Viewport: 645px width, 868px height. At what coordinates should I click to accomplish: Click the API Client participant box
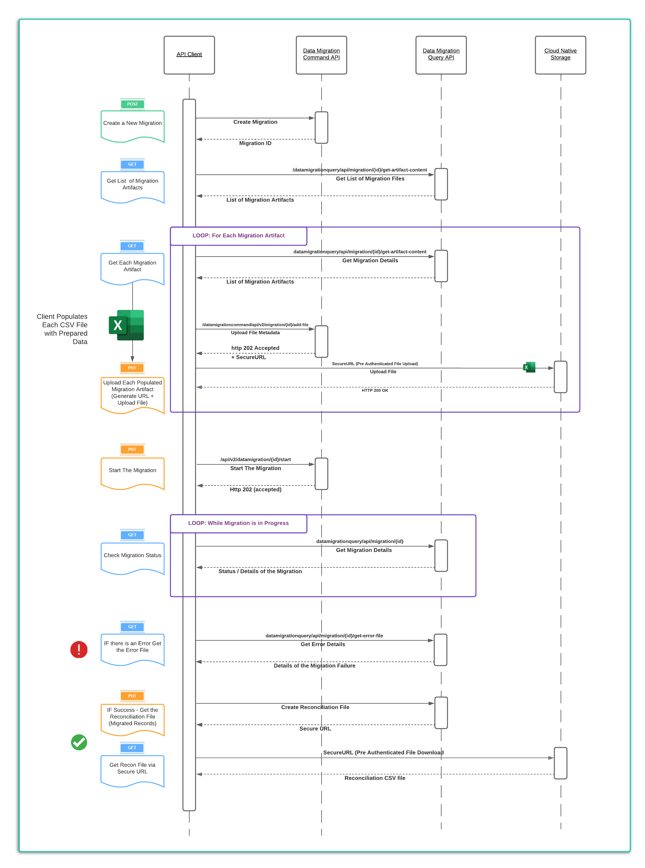(189, 55)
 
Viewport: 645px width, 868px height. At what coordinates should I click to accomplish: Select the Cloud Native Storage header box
(560, 55)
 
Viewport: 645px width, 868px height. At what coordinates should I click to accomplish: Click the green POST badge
(132, 104)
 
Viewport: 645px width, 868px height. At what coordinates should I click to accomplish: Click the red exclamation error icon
(79, 650)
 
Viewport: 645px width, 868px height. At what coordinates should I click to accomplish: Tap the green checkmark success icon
(79, 742)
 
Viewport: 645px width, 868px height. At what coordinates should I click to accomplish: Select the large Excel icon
(127, 325)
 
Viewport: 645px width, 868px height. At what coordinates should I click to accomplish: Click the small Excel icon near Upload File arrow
(529, 367)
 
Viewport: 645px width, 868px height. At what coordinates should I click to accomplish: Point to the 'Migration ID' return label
(255, 143)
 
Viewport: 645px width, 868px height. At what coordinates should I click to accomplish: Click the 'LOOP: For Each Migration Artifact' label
(238, 235)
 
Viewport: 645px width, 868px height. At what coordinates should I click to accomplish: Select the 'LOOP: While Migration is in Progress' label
(238, 523)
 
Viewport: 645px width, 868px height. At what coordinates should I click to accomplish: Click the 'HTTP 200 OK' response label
(374, 390)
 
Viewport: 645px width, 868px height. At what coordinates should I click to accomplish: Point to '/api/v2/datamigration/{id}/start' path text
(255, 459)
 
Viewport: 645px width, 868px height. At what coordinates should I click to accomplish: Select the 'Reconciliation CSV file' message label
(374, 778)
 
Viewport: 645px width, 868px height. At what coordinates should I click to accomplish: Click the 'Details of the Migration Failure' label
(314, 666)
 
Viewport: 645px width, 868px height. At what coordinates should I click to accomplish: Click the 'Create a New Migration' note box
(132, 124)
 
